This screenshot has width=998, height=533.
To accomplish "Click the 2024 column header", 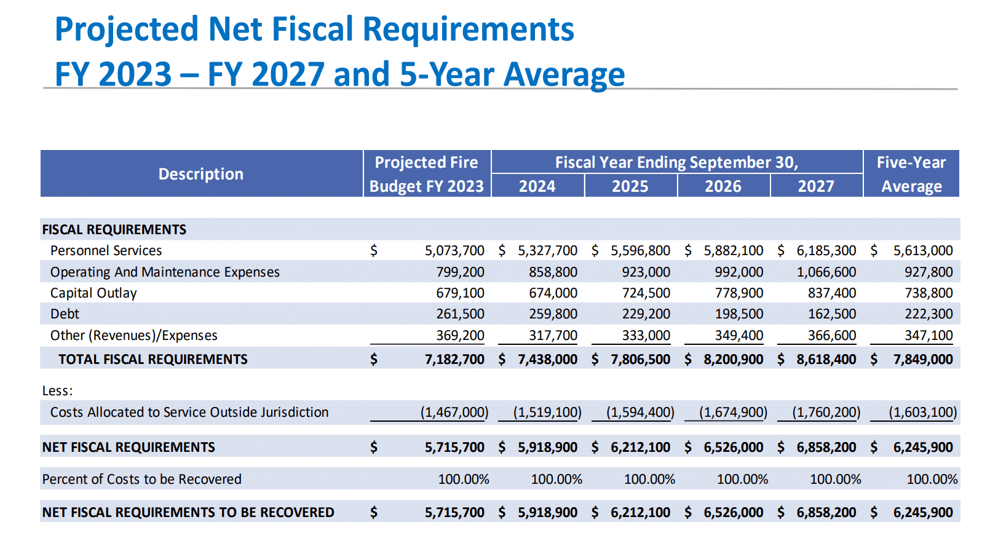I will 537,186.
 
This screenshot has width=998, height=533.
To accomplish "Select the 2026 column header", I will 723,186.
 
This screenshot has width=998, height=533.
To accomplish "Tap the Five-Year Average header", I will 911,174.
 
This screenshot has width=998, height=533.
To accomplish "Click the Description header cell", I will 201,174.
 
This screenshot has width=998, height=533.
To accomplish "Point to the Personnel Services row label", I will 106,251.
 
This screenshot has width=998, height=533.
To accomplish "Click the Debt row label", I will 65,314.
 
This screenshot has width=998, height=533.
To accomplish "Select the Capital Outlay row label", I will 93,293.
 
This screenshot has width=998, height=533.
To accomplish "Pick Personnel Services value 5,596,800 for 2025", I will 640,251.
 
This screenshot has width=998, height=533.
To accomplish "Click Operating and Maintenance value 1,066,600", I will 826,272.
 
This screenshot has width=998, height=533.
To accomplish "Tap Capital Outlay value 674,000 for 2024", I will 553,293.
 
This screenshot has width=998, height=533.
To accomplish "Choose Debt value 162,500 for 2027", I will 831,314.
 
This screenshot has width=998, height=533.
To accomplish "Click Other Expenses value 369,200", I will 460,336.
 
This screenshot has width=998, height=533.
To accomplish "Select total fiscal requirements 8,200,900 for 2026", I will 733,360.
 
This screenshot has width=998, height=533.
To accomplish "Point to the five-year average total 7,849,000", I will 922,360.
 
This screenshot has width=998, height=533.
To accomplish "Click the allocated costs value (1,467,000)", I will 454,413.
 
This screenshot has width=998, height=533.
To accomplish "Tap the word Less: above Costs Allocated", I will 57,391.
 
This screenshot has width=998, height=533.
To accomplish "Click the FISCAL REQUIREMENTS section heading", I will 114,230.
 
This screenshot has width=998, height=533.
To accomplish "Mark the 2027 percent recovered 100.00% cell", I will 835,480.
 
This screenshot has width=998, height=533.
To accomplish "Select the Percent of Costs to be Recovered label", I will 141,480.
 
